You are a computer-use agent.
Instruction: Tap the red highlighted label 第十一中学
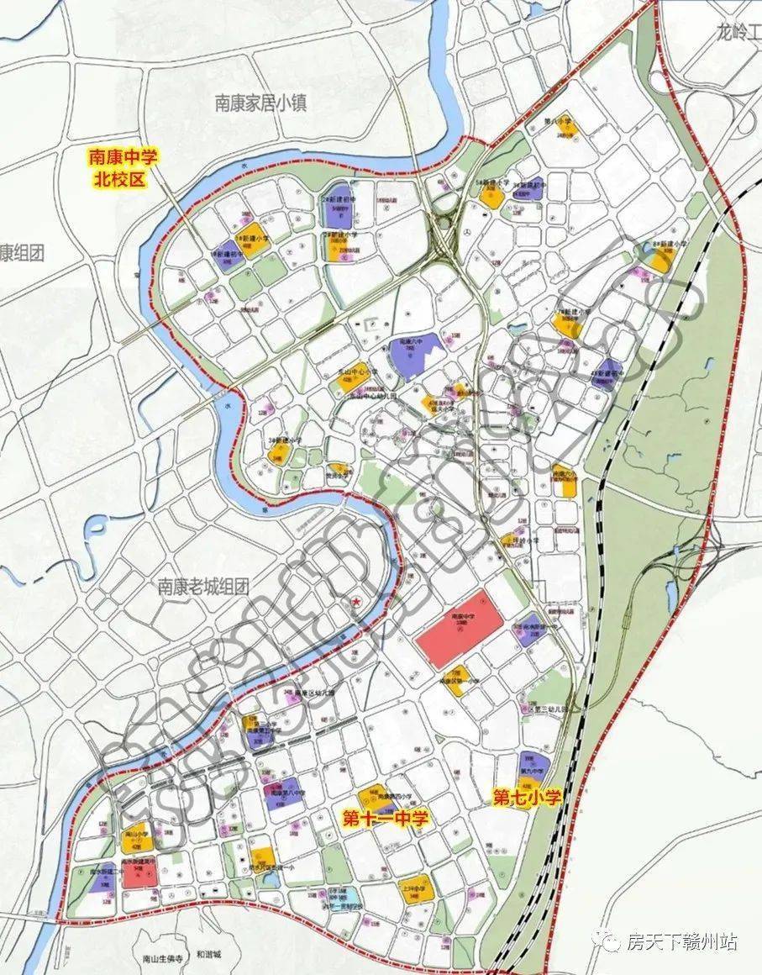pos(386,819)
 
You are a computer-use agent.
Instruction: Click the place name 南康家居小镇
pos(260,103)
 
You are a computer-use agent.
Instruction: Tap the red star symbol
pos(357,602)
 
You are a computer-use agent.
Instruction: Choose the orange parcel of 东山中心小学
pos(348,382)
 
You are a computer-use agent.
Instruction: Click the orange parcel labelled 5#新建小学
pos(491,194)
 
